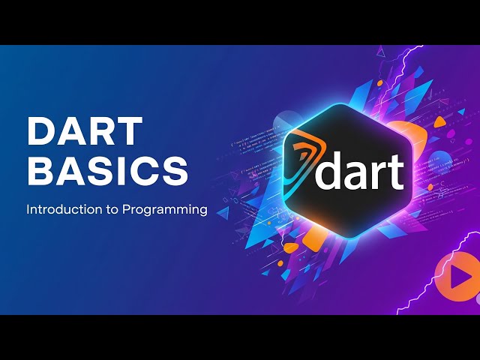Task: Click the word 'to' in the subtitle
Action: pyautogui.click(x=109, y=210)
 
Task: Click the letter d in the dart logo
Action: pyautogui.click(x=331, y=170)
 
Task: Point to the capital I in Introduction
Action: pyautogui.click(x=28, y=210)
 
